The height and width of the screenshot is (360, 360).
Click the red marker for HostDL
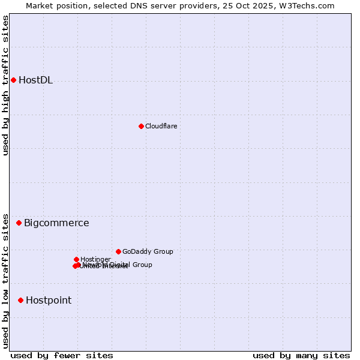tap(13, 80)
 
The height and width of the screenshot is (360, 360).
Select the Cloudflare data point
tap(141, 126)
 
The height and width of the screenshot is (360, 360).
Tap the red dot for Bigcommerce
tap(19, 223)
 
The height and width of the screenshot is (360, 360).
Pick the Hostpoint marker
tap(20, 300)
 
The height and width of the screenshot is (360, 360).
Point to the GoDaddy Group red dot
tap(118, 251)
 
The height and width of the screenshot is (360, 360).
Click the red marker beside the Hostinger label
tap(76, 259)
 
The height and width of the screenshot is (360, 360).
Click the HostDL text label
tap(35, 80)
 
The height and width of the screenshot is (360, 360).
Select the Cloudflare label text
tap(161, 126)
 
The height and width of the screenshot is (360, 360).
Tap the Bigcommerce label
tap(56, 223)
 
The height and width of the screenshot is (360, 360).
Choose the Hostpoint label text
tap(49, 300)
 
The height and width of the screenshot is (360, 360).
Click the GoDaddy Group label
tap(148, 251)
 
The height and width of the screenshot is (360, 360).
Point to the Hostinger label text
tap(95, 259)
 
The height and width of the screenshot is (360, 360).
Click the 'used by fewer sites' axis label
tap(62, 355)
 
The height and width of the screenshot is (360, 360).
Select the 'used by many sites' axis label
tap(301, 355)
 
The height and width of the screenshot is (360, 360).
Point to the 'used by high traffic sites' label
tap(6, 85)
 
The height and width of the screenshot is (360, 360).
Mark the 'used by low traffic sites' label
tap(6, 280)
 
